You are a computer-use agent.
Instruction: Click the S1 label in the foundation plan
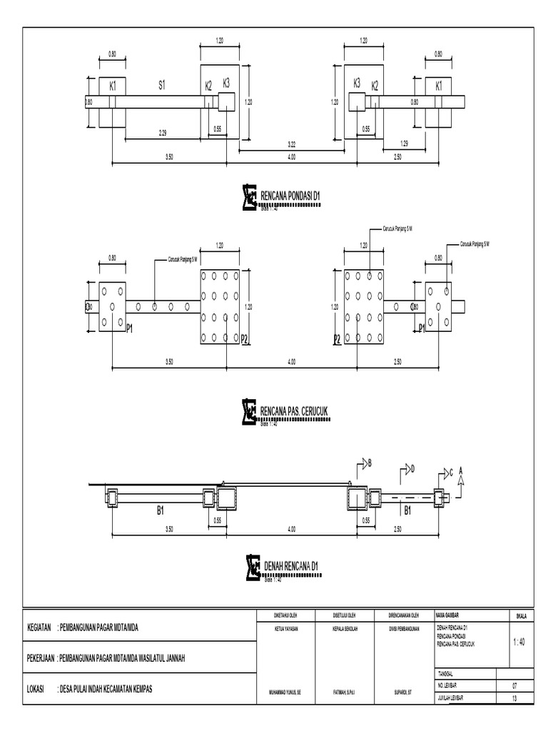(x=162, y=84)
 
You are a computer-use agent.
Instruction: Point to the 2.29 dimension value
(x=163, y=132)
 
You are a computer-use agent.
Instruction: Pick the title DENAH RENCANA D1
(x=290, y=567)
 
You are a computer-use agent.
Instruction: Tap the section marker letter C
(x=450, y=472)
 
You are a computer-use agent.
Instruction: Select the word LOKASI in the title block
(x=35, y=689)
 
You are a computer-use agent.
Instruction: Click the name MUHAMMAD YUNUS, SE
(x=285, y=692)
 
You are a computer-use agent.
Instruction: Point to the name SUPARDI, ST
(x=404, y=692)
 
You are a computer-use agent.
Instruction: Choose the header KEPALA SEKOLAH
(x=344, y=629)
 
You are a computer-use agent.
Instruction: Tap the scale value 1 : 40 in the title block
(x=519, y=642)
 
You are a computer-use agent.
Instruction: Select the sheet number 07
(x=514, y=685)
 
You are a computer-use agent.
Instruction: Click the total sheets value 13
(x=514, y=700)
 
